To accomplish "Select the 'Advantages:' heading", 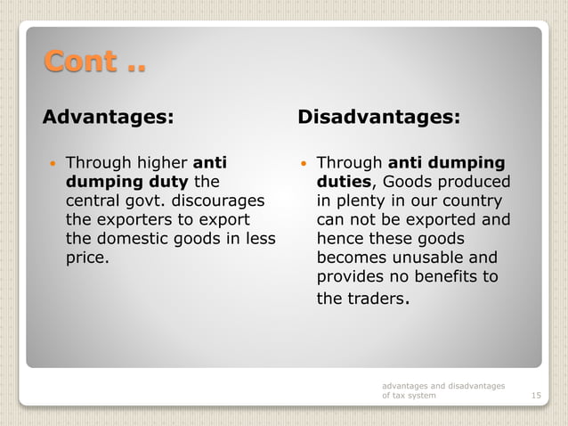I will pyautogui.click(x=109, y=117).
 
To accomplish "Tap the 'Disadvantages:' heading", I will pyautogui.click(x=379, y=117).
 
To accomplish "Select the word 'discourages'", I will pyautogui.click(x=222, y=201).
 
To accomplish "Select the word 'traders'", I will pyautogui.click(x=374, y=299).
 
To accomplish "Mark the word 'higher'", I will pyautogui.click(x=161, y=163).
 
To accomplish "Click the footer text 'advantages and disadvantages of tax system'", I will pyautogui.click(x=442, y=390).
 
